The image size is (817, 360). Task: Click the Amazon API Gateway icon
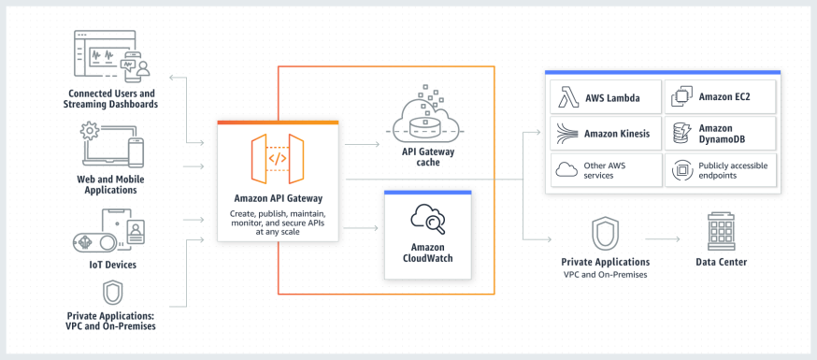(x=278, y=158)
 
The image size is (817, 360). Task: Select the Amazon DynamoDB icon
(x=681, y=134)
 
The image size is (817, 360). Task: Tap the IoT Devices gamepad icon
(x=94, y=240)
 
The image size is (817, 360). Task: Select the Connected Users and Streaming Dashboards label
(x=112, y=98)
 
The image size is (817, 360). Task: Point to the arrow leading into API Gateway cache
(x=361, y=145)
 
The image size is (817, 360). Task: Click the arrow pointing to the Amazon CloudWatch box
(x=361, y=226)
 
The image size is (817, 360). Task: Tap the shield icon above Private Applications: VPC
(x=112, y=293)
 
